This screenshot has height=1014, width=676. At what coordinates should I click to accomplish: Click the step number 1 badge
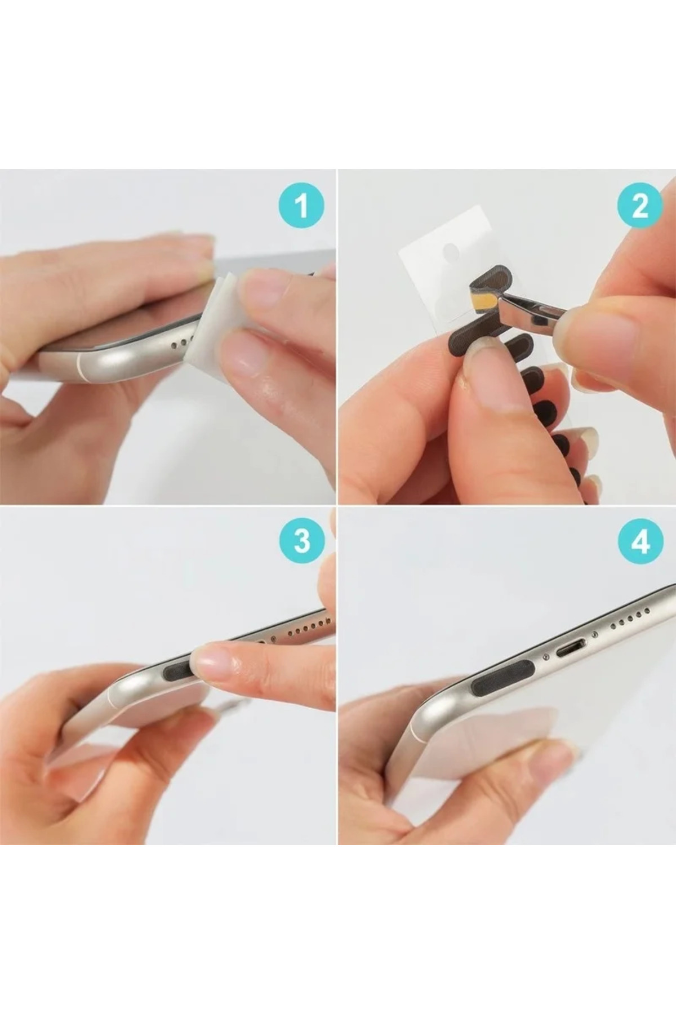[301, 206]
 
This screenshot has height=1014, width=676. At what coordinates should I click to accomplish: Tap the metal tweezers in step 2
[530, 315]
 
